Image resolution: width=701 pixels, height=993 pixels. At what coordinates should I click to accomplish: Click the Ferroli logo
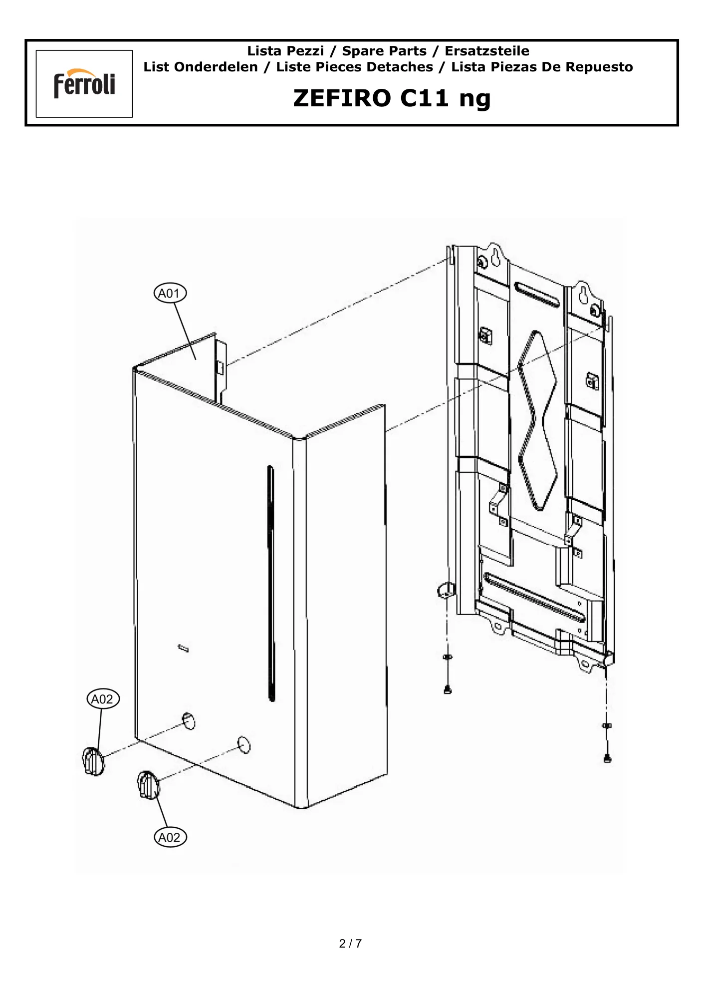84,83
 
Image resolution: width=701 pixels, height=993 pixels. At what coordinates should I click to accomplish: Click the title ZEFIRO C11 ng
392,98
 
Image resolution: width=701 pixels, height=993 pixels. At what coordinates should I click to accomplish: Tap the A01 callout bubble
170,293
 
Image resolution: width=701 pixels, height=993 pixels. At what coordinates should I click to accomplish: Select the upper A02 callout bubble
103,699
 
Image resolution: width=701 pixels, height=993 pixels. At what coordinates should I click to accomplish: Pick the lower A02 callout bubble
170,837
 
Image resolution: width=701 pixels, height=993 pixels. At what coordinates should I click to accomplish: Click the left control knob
93,761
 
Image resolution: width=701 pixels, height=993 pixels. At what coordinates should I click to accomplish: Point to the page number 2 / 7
350,943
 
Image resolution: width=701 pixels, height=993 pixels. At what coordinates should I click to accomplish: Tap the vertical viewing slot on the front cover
271,583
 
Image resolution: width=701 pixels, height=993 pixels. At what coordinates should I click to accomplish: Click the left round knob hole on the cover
189,721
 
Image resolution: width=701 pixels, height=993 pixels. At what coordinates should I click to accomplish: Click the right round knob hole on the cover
244,745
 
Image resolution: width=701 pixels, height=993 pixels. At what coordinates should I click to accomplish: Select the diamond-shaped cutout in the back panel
537,420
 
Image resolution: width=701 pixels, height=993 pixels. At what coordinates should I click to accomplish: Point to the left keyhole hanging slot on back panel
496,256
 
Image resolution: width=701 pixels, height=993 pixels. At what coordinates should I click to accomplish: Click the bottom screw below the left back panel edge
448,689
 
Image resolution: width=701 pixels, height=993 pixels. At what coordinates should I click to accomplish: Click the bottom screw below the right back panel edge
607,758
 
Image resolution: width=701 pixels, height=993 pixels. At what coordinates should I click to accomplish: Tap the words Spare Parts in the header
384,51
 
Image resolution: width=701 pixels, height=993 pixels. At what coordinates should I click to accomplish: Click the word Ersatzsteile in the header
487,51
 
